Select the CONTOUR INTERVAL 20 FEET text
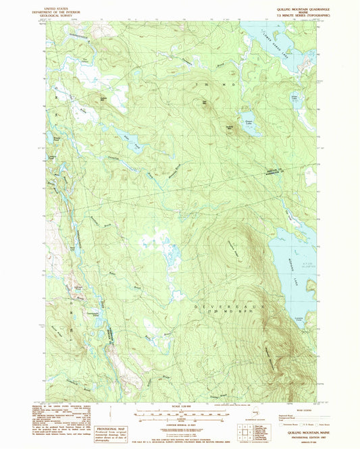point(178,423)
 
